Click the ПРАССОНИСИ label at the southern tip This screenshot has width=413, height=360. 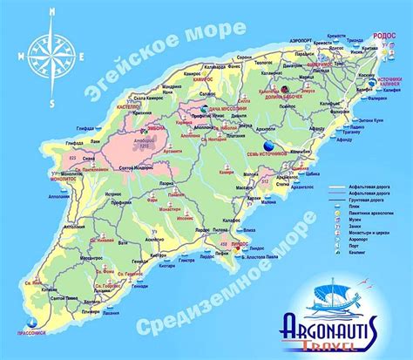pos(31,331)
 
